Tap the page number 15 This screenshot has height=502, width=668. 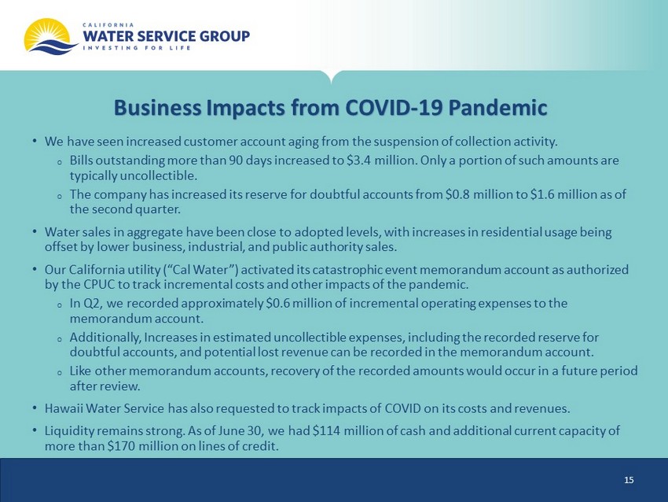629,480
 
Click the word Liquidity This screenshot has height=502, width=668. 69,431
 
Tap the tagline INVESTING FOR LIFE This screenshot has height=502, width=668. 137,48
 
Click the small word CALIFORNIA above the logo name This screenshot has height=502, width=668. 108,24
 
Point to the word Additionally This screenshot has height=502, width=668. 105,338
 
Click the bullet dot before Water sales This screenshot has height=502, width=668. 34,232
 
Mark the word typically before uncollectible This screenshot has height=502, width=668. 94,175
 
